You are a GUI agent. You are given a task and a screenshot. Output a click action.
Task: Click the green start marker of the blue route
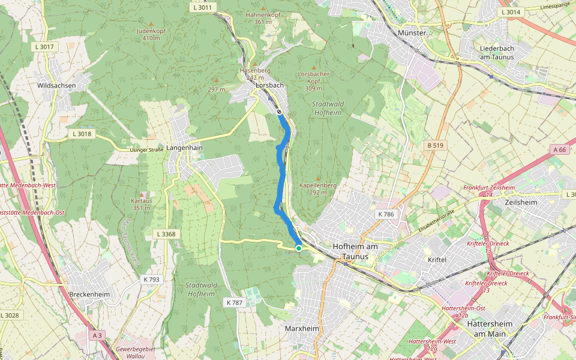(x=298, y=248)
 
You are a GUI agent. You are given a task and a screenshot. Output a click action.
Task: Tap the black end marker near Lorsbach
(x=279, y=112)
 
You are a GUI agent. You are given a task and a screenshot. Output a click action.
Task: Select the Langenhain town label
(x=185, y=147)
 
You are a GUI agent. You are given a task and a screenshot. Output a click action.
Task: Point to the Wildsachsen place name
(x=56, y=86)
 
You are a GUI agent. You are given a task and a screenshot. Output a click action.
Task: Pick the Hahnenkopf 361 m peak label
(x=263, y=17)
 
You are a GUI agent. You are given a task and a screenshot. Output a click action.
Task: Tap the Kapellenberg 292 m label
(x=317, y=189)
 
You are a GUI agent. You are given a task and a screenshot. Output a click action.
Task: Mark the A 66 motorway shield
(x=560, y=149)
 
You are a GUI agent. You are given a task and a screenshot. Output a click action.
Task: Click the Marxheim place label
(x=302, y=329)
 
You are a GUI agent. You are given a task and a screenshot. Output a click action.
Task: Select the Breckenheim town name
(x=89, y=295)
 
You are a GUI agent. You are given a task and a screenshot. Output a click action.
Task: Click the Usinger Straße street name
(x=147, y=150)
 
